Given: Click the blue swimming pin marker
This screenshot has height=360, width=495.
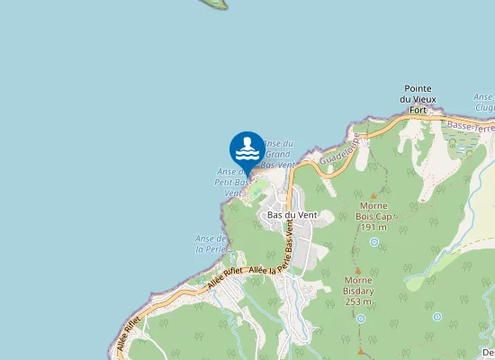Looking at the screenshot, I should coord(247,148).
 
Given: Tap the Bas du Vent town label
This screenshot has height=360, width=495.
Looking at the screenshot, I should coord(292,215).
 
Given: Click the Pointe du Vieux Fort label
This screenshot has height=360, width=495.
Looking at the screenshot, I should coord(418,98).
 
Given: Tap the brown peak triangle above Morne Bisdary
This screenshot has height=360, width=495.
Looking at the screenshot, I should coord(358,268).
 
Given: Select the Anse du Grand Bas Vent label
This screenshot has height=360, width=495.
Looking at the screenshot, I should coord(277,154).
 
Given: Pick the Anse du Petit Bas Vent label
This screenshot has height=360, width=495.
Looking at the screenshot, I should coord(231,182).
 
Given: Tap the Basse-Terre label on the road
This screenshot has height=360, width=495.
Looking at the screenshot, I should coord(469,126).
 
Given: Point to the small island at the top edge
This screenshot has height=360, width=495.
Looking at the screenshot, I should coord(213,4).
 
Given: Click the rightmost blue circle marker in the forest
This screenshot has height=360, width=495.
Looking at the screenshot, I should coord(436,317).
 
